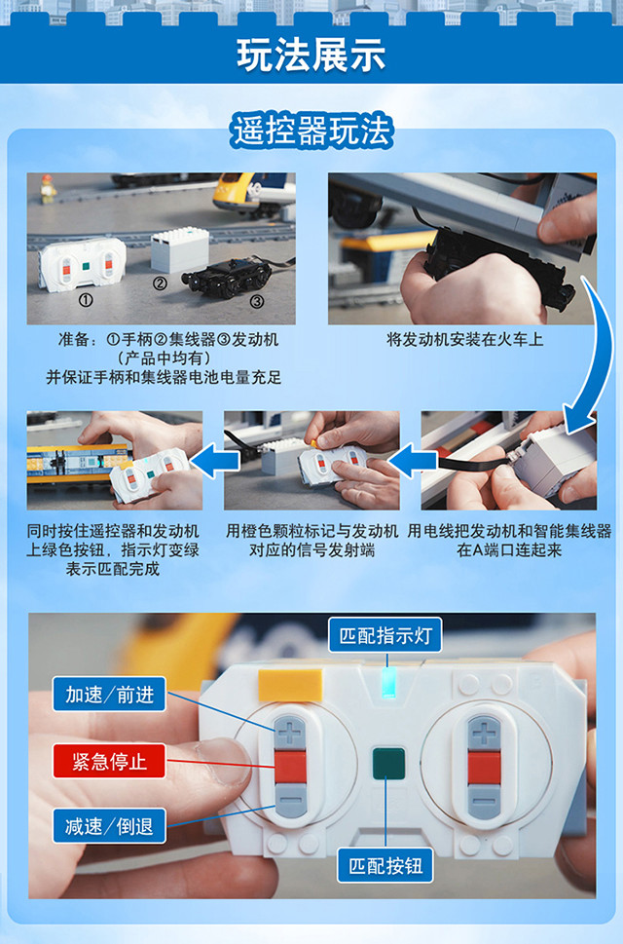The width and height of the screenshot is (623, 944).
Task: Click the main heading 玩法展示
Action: (x=311, y=55)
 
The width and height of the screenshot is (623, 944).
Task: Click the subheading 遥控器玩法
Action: (x=311, y=132)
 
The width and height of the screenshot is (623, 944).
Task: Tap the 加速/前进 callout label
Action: (x=109, y=695)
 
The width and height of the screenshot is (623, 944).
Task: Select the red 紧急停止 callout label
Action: (x=109, y=761)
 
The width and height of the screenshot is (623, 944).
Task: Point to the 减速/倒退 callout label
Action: (x=109, y=826)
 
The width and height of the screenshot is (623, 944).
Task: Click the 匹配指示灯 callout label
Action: (x=385, y=635)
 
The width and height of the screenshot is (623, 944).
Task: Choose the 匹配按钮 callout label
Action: (x=385, y=866)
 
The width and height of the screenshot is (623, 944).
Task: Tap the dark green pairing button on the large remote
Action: (x=387, y=764)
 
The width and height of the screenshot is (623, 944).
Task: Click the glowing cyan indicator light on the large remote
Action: (x=388, y=682)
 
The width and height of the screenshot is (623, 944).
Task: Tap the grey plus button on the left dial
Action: (x=290, y=732)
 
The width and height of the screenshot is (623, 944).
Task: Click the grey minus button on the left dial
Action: (x=290, y=801)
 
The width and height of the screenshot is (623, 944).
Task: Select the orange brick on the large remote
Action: (x=290, y=685)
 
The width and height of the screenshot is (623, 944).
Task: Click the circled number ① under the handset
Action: (x=86, y=300)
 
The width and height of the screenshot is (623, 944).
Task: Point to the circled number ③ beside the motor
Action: (x=257, y=301)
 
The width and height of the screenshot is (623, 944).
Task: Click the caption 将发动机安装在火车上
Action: (x=465, y=340)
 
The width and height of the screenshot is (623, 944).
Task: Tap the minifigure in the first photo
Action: (x=48, y=188)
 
